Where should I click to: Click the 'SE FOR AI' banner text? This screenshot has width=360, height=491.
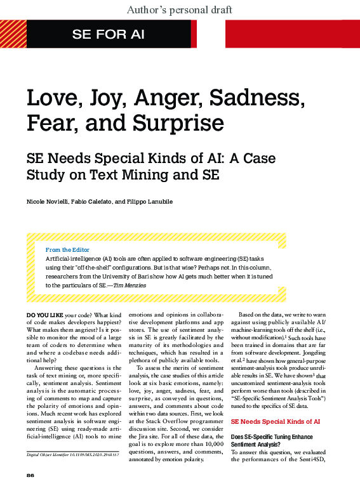click(109, 34)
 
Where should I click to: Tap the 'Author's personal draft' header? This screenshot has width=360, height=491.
click(180, 10)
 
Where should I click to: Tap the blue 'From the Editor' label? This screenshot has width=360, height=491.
click(67, 250)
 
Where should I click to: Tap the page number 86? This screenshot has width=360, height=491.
click(30, 475)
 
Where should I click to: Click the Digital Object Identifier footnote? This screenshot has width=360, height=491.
click(72, 455)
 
